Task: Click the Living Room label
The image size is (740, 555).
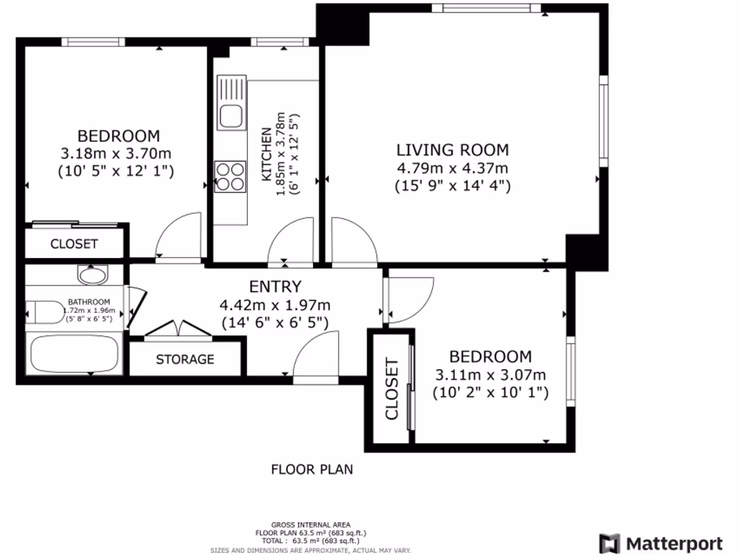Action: (452, 150)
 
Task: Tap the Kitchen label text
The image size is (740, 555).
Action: (266, 155)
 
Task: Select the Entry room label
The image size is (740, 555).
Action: (275, 286)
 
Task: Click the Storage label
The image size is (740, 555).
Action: (185, 359)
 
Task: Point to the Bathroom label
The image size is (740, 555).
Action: (89, 302)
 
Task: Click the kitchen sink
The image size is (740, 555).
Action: (232, 116)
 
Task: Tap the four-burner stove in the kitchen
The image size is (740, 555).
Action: (231, 176)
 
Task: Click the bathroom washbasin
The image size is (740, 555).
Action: (92, 275)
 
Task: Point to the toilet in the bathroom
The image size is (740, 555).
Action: (43, 312)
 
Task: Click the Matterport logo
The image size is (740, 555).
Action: (661, 543)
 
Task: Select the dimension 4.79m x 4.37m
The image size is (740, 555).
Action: (452, 168)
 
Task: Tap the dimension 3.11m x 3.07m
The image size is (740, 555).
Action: (490, 374)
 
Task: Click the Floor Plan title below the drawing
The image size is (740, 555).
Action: (311, 469)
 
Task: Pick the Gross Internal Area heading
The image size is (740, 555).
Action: (311, 524)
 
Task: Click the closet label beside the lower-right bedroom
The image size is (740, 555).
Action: (392, 390)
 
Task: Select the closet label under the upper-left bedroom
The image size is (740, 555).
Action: (74, 244)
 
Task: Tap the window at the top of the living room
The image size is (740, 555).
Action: (491, 9)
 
